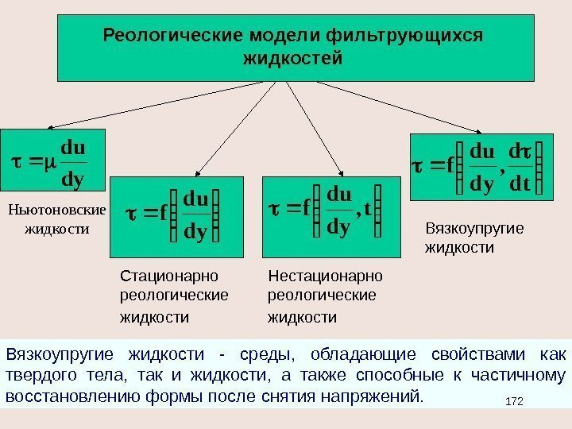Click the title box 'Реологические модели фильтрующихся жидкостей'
pyautogui.click(x=295, y=48)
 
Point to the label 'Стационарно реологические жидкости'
pyautogui.click(x=173, y=296)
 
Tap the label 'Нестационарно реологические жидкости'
pyautogui.click(x=325, y=296)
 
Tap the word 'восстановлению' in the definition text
pyautogui.click(x=56, y=396)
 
